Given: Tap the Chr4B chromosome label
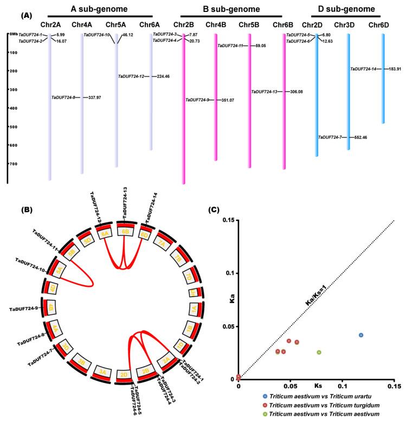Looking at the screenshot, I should (x=216, y=25).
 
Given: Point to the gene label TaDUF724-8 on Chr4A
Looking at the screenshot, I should (x=66, y=98).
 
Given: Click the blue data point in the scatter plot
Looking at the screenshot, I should (x=361, y=335).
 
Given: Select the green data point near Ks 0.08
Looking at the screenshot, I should (x=319, y=353).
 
